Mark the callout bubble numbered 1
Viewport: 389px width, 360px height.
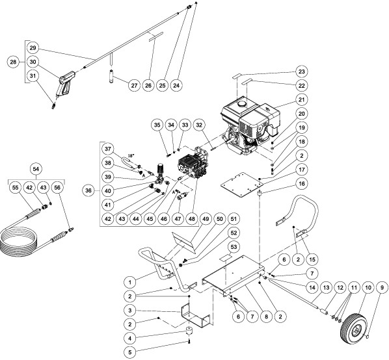(131, 281)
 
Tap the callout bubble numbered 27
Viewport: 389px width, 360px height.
(134, 85)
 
